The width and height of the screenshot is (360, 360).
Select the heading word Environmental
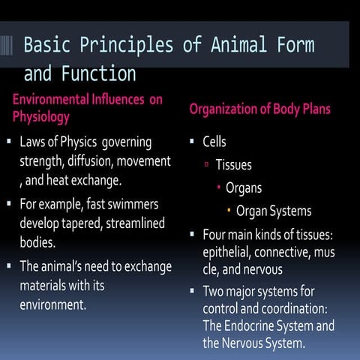point(53,100)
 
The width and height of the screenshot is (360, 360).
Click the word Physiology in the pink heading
point(41,116)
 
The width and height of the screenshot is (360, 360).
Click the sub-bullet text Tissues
point(233,164)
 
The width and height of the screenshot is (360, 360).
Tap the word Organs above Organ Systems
point(244,187)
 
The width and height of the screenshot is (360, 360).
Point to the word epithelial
point(228,252)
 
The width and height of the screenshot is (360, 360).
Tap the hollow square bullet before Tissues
point(206,165)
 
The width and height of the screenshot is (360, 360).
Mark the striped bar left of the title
point(7,45)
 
